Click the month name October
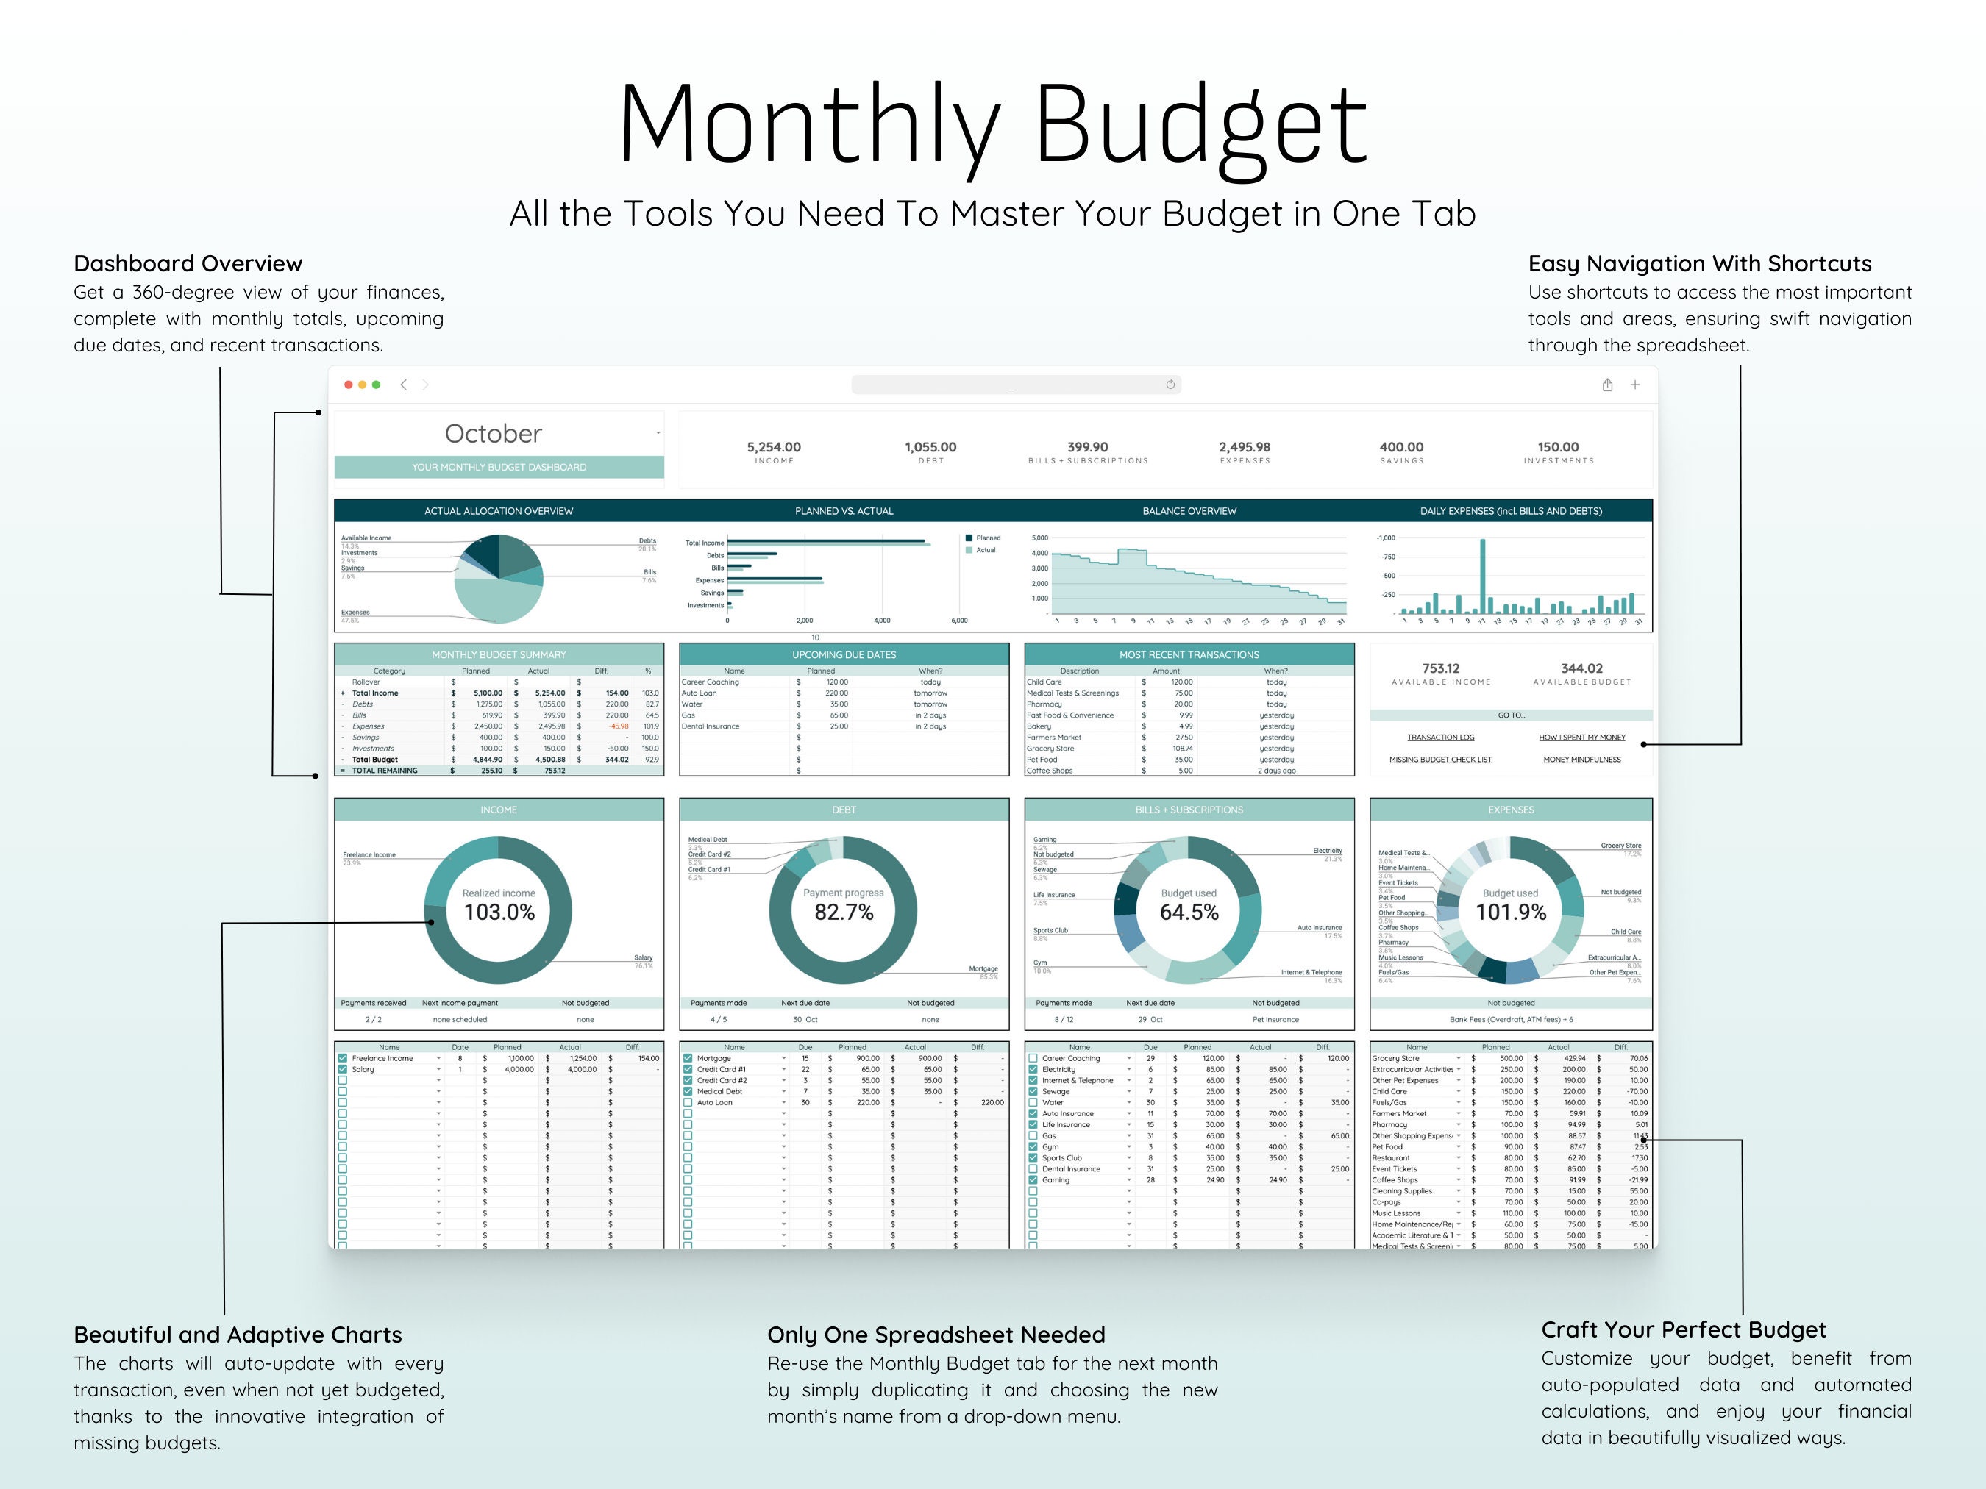click(493, 434)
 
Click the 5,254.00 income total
click(773, 447)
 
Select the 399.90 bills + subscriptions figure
click(1087, 447)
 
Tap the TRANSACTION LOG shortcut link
click(1440, 737)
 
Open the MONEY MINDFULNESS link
click(1582, 760)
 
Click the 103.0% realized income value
click(499, 912)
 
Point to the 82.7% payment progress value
click(843, 912)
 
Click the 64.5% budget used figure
click(1189, 912)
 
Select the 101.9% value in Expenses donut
click(1511, 912)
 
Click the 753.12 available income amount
click(1440, 668)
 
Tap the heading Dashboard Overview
click(188, 263)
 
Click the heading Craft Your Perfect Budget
click(1684, 1329)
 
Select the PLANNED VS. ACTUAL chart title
click(843, 511)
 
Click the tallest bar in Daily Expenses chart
click(1482, 574)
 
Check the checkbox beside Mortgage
click(688, 1058)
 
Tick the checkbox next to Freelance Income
click(342, 1058)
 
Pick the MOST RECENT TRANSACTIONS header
click(1189, 654)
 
